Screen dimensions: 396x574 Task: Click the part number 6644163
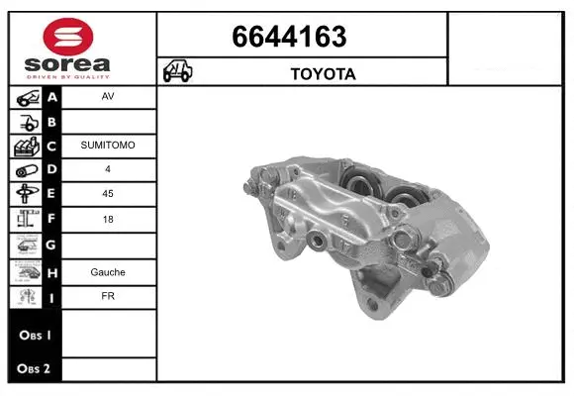click(289, 37)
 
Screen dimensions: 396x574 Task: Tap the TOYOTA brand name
click(322, 73)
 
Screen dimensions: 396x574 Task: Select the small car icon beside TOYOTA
click(178, 72)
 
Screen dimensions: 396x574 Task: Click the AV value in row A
click(107, 97)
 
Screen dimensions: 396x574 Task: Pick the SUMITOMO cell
click(108, 146)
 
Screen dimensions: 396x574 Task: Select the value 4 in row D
click(107, 169)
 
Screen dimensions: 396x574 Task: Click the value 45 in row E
click(107, 194)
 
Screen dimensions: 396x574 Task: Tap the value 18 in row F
click(107, 219)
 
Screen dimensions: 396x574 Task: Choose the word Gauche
click(107, 271)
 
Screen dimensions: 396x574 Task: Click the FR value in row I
click(107, 296)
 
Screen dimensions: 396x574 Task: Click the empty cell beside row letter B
click(107, 121)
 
